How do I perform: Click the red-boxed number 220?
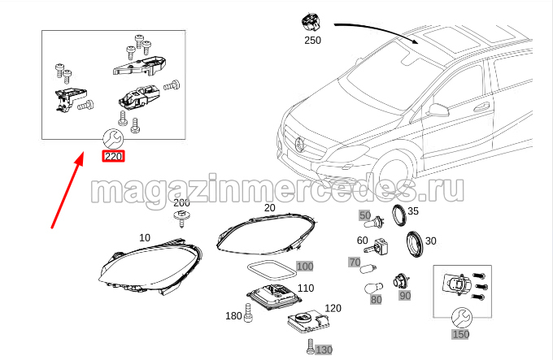113,156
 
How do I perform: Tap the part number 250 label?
312,40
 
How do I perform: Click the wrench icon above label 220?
113,138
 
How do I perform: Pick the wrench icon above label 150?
461,318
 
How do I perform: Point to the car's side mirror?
438,110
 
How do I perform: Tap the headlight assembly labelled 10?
150,267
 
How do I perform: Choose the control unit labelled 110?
274,297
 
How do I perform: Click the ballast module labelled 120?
309,323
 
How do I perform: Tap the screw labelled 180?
248,313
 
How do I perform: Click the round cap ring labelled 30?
414,245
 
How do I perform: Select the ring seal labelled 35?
399,215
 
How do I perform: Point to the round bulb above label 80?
373,288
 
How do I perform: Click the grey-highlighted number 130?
324,349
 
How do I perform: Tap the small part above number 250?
311,23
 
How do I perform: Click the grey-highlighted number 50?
364,215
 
